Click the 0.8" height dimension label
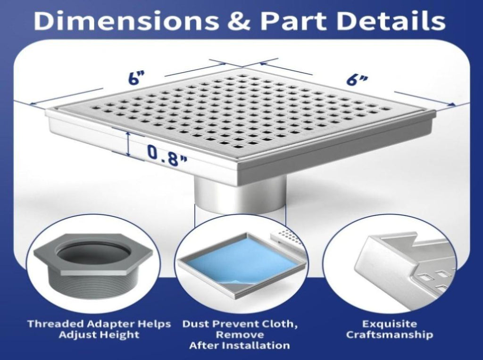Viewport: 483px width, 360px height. (x=167, y=153)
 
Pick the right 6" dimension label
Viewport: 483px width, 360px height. (x=357, y=79)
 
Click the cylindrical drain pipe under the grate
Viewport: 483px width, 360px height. (x=240, y=193)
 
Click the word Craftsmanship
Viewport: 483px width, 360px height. (x=390, y=335)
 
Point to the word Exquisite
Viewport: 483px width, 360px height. (x=389, y=324)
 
